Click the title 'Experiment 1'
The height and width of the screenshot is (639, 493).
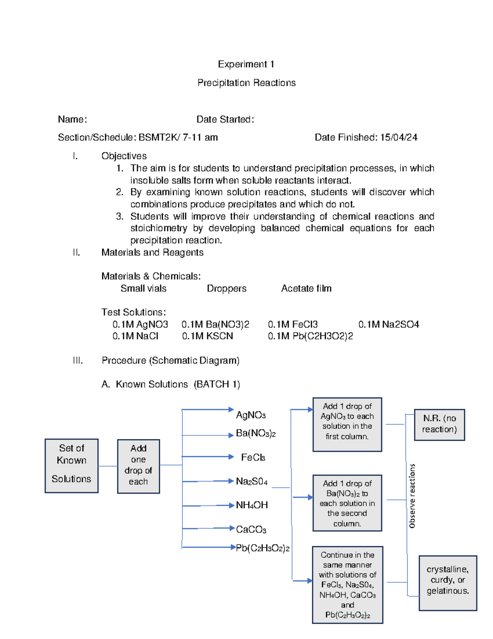click(x=246, y=64)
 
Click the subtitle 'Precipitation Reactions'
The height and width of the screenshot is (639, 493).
click(x=246, y=83)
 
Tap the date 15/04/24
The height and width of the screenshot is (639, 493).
click(x=399, y=137)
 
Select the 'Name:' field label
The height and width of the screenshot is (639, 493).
click(x=72, y=119)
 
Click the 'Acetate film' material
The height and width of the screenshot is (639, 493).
click(x=306, y=288)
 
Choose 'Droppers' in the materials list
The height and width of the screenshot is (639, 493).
click(x=226, y=288)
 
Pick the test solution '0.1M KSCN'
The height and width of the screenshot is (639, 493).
click(x=207, y=336)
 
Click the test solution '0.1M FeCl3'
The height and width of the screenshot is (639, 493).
click(x=293, y=324)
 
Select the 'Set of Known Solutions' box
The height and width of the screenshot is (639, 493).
click(x=71, y=466)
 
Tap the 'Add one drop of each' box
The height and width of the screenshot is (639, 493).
click(x=138, y=466)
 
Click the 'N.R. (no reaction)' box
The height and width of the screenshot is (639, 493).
click(x=439, y=425)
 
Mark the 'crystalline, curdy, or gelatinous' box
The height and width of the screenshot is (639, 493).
click(x=448, y=583)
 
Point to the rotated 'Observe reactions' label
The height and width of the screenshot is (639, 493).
click(x=412, y=496)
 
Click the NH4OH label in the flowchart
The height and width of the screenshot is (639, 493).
click(x=251, y=505)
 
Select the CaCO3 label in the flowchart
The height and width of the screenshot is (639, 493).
click(x=251, y=530)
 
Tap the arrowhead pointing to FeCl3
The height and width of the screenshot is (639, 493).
click(x=231, y=457)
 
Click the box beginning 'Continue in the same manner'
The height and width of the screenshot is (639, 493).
click(x=347, y=585)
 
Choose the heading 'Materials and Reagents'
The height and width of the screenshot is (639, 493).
click(x=152, y=253)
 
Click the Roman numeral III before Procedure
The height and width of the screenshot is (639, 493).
click(x=78, y=360)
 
